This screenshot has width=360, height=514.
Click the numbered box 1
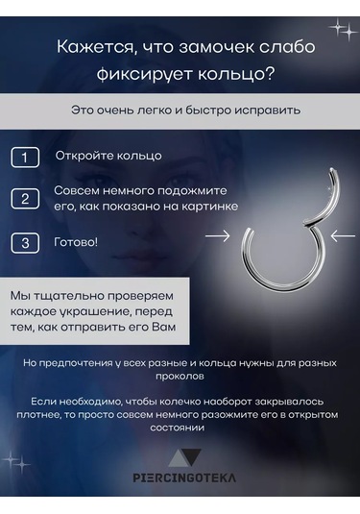click(25, 157)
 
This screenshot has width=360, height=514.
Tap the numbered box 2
click(25, 199)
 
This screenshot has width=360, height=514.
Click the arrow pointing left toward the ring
click(342, 233)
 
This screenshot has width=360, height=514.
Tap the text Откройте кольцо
click(108, 156)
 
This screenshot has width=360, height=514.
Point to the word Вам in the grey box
click(176, 330)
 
